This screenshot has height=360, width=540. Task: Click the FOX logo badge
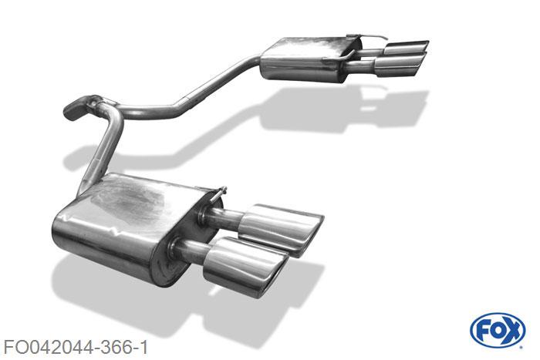pyautogui.click(x=498, y=330)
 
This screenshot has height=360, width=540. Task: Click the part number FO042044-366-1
pyautogui.click(x=76, y=347)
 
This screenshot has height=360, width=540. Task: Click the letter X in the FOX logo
pyautogui.click(x=512, y=331)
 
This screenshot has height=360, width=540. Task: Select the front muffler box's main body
pyautogui.click(x=124, y=227)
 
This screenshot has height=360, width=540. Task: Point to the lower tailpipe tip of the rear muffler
pyautogui.click(x=400, y=66)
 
